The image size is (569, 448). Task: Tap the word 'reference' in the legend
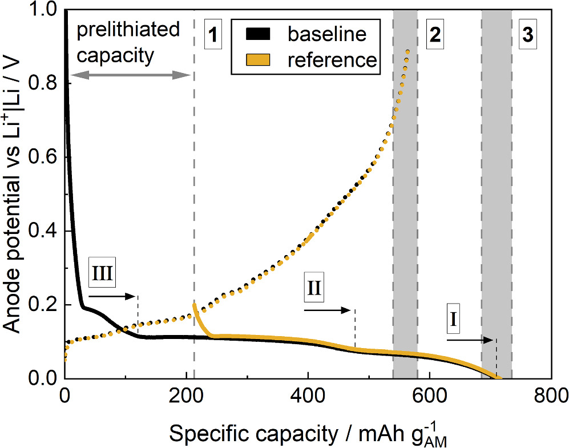[x=332, y=60]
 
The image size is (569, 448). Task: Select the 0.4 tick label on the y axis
[x=46, y=231]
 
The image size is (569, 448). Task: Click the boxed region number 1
[x=212, y=36]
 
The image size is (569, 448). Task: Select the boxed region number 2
[x=435, y=36]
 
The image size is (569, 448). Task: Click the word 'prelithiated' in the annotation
[x=129, y=30]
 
